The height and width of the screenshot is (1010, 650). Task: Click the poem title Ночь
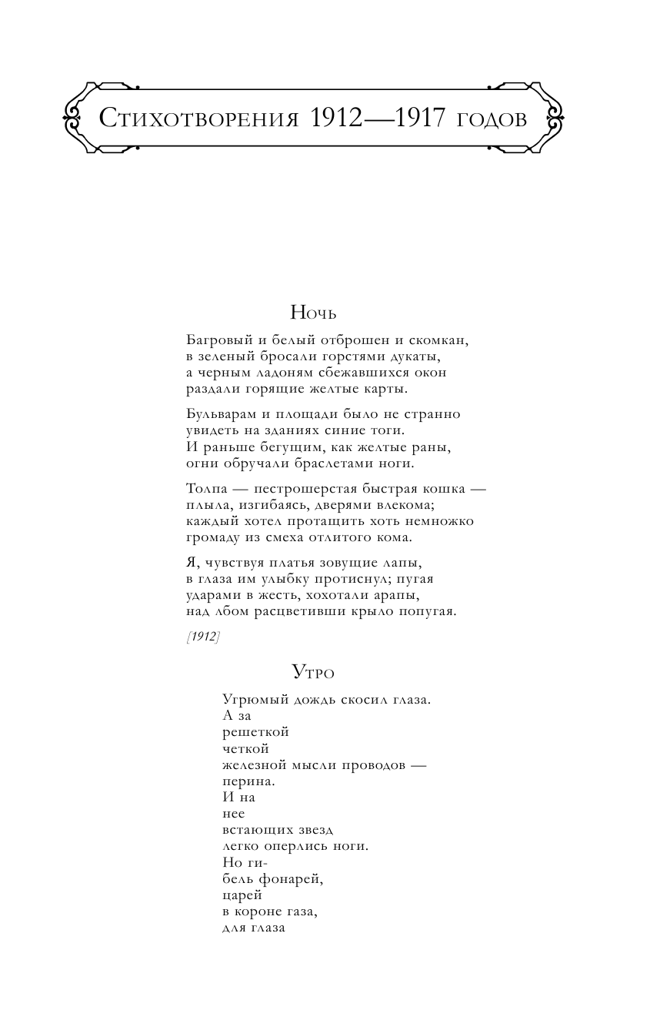[x=314, y=313]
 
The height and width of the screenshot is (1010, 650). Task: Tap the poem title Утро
[x=313, y=673]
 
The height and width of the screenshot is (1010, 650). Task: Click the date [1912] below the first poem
[x=203, y=637]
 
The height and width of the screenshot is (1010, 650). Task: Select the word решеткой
[x=255, y=732]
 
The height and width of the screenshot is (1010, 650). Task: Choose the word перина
[x=248, y=781]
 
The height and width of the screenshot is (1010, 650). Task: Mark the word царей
[x=242, y=895]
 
